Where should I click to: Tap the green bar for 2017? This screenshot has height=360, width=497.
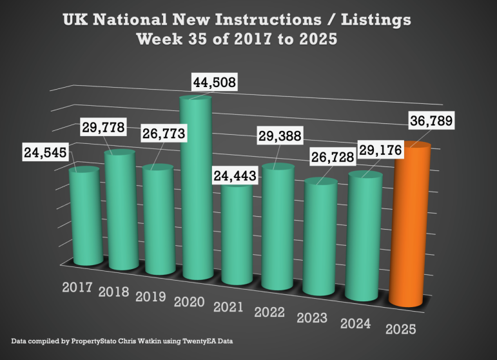(x=84, y=216)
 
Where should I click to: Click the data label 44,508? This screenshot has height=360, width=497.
(x=215, y=82)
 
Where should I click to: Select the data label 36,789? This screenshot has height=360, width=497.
(x=429, y=121)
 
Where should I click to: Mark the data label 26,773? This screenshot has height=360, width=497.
(x=164, y=134)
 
